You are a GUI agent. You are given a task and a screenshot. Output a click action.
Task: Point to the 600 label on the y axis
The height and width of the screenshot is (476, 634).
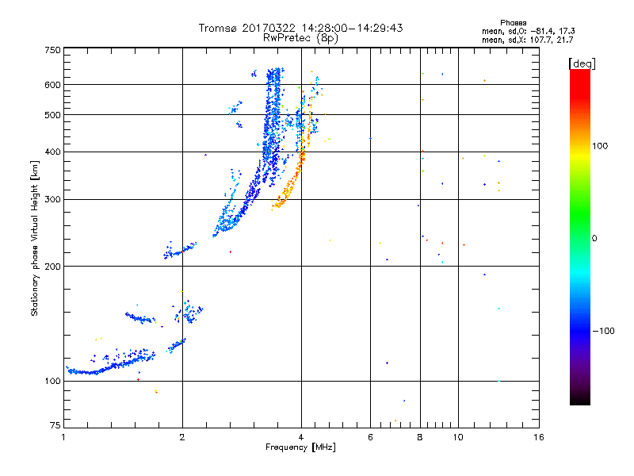pos(52,84)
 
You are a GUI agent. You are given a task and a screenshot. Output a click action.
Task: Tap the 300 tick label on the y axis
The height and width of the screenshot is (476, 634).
pos(52,199)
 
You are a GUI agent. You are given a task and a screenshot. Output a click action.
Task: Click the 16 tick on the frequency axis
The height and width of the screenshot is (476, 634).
pos(538,437)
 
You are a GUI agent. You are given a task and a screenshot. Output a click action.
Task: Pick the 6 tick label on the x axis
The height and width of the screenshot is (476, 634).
pos(370,437)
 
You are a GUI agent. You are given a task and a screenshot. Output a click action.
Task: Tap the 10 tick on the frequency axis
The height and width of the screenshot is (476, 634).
pos(458,437)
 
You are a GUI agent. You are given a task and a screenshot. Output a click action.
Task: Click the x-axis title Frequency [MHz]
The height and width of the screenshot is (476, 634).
pos(300,448)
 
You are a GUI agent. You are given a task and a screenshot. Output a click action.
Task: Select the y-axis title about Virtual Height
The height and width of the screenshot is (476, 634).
pos(35,239)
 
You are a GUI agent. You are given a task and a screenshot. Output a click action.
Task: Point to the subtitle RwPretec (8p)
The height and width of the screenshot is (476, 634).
pos(300,37)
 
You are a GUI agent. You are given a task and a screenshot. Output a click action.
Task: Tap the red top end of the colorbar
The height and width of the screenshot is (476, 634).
pos(579,73)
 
